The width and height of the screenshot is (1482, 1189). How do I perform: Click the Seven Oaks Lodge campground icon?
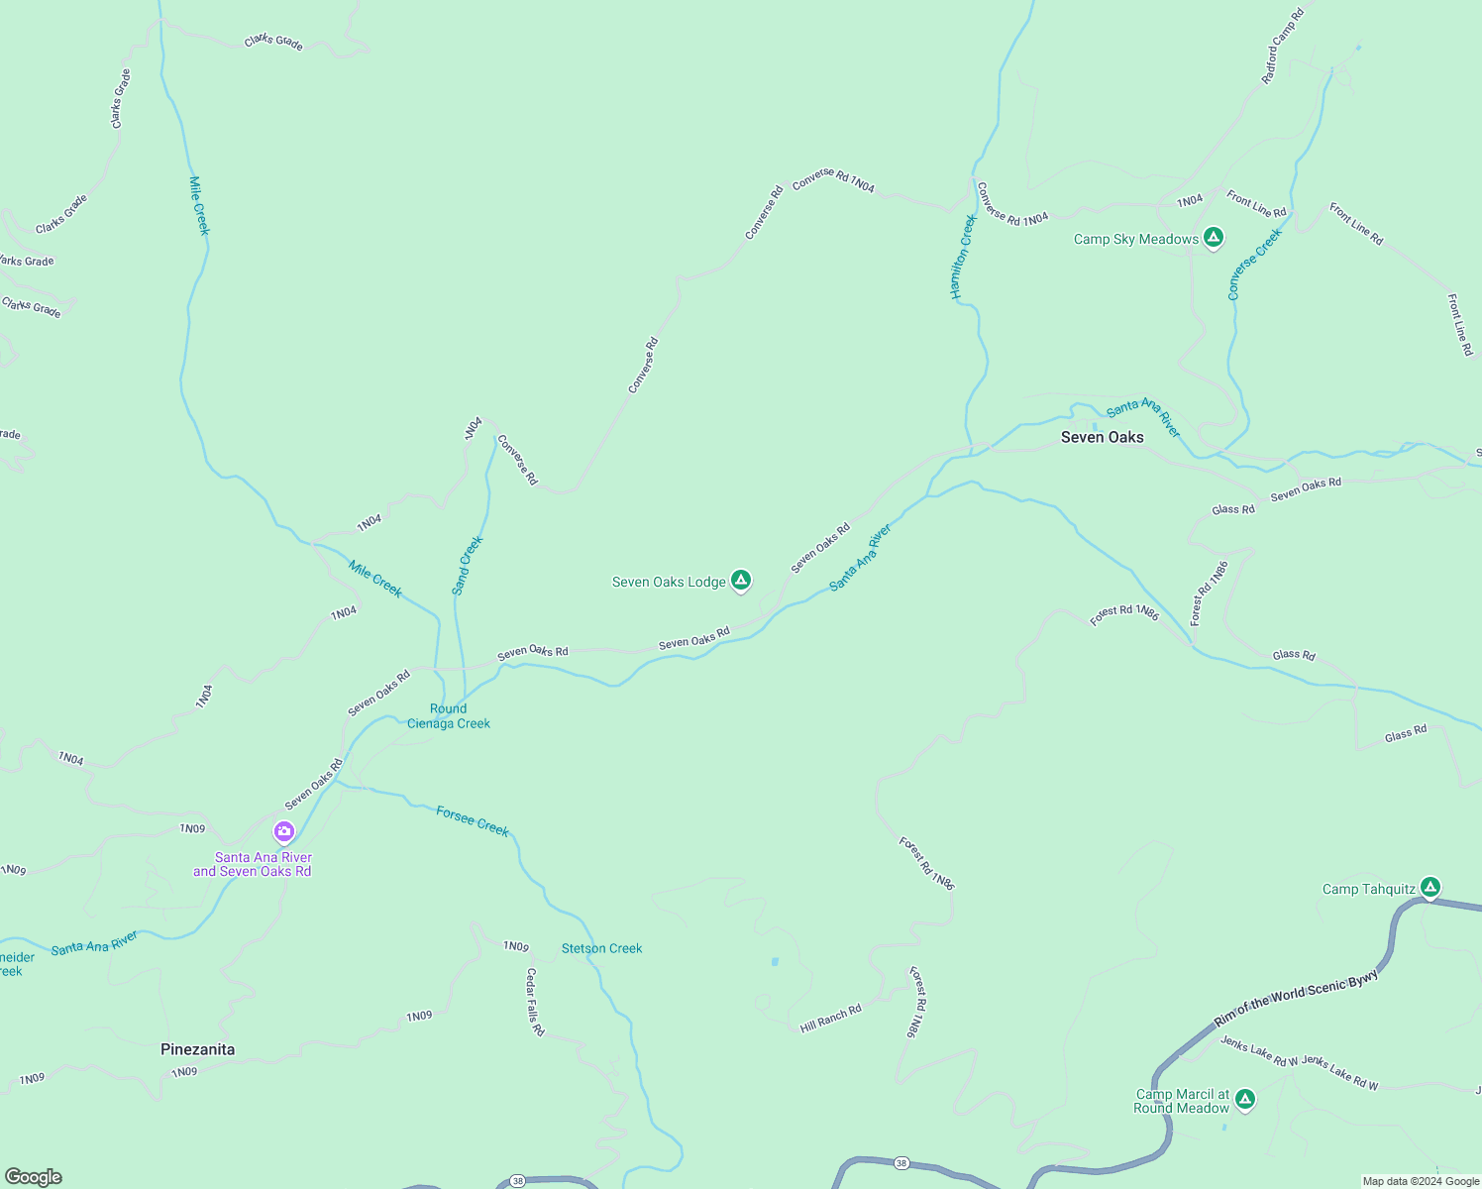740,581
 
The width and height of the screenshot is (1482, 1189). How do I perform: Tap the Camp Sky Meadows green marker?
1214,238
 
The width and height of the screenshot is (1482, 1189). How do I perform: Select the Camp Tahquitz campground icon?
1429,888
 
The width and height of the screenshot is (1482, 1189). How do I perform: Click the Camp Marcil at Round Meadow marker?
1245,1099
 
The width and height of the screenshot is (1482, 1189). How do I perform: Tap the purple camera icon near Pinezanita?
284,831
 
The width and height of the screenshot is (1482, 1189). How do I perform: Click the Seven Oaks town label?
1102,437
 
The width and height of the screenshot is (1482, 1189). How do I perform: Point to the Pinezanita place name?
198,1049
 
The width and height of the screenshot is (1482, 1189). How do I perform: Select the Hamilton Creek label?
963,257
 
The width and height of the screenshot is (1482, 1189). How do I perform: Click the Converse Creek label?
1254,264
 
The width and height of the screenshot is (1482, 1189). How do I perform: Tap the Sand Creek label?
468,566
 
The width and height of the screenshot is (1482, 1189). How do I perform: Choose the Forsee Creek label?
473,821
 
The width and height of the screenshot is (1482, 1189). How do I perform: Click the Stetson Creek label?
601,948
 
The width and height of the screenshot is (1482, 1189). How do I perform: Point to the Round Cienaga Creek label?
449,716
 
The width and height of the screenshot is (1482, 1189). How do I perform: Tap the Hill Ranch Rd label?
830,1019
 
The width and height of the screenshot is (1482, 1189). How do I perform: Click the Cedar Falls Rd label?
535,1002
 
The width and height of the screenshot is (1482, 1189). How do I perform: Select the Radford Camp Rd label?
1283,46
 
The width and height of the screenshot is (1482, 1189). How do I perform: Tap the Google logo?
34,1177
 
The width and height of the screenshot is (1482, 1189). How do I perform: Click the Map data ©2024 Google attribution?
1421,1181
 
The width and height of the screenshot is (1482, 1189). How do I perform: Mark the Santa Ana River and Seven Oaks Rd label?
253,865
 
